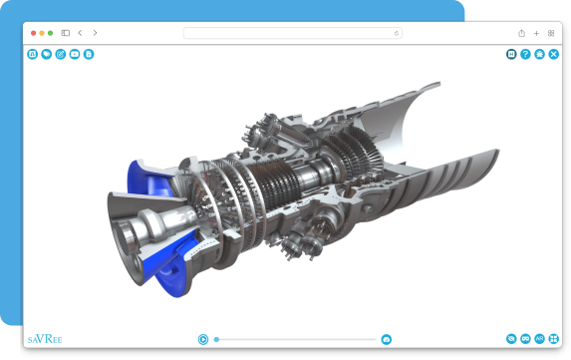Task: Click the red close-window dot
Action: (x=34, y=33)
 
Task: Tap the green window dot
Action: (x=50, y=33)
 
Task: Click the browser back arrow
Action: (x=80, y=33)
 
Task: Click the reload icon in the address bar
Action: (x=397, y=33)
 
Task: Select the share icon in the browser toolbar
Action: (x=521, y=33)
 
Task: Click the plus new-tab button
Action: (x=536, y=34)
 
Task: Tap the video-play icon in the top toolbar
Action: (x=75, y=54)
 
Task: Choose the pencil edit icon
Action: (x=61, y=54)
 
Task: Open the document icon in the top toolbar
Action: (x=89, y=54)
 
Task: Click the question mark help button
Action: (x=525, y=54)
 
